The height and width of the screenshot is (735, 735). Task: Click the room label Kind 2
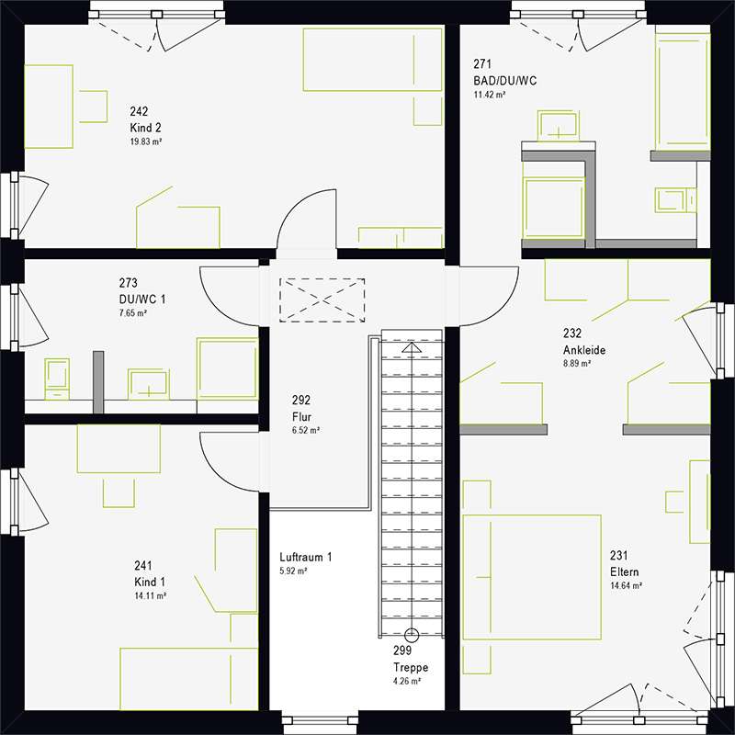coord(145,128)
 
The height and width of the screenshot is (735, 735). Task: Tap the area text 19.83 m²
coord(146,141)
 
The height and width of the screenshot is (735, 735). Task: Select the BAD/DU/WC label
coord(504,81)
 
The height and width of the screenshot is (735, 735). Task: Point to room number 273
coord(128,283)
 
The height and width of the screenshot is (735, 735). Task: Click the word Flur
coord(301,417)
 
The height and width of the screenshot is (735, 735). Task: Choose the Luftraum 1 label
coord(306,558)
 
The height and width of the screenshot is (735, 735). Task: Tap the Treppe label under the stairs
coord(411,668)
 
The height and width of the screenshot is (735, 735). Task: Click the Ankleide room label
coord(584,350)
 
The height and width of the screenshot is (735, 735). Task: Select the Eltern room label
coord(624,571)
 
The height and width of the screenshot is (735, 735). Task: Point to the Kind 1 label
coord(150,582)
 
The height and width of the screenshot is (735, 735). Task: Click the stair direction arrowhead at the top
coord(412,347)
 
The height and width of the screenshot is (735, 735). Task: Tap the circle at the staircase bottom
coord(412,635)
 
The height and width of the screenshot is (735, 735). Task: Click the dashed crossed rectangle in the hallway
coord(322,300)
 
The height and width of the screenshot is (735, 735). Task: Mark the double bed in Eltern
coord(532,577)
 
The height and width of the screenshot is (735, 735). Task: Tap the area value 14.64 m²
coord(626,586)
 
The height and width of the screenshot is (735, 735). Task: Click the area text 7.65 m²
coord(133,313)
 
